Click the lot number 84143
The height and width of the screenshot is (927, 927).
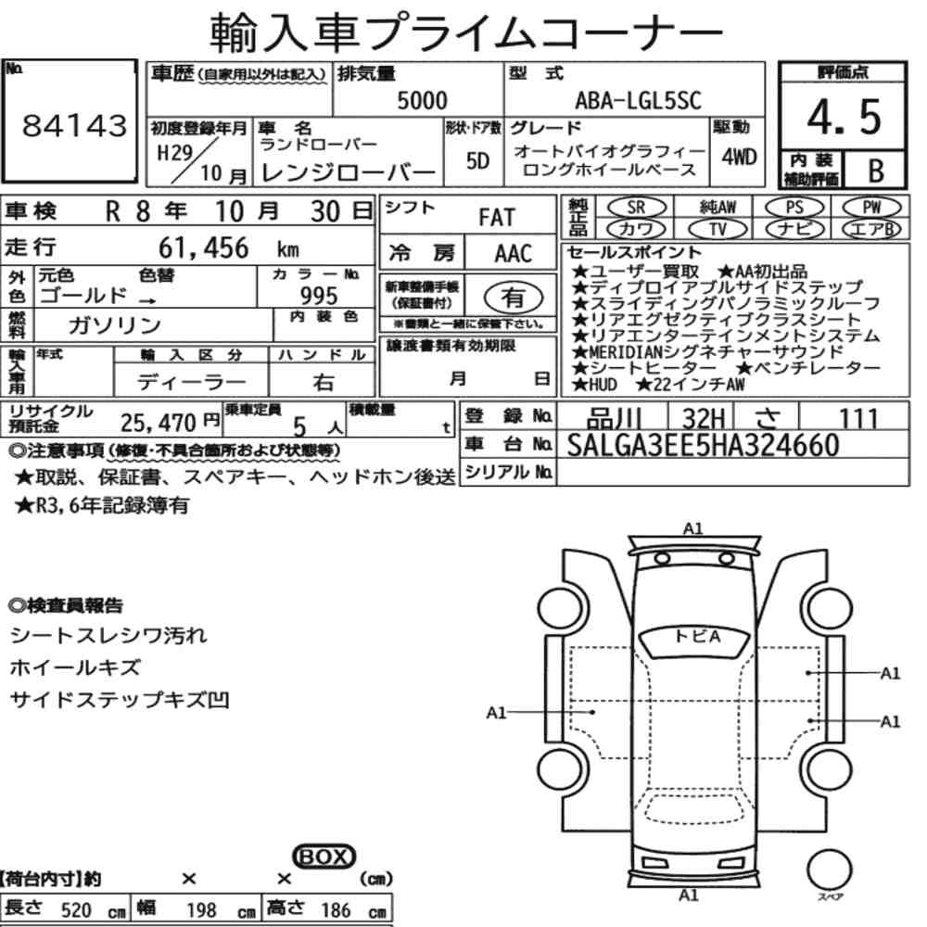pyautogui.click(x=74, y=125)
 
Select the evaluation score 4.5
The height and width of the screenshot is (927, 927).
pyautogui.click(x=844, y=117)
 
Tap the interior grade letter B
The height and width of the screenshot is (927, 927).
pyautogui.click(x=876, y=171)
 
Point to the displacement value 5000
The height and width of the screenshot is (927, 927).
pyautogui.click(x=422, y=100)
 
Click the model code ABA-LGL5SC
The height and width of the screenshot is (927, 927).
pyautogui.click(x=638, y=100)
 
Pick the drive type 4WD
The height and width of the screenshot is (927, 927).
pyautogui.click(x=739, y=158)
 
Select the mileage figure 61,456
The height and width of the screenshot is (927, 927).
pyautogui.click(x=203, y=248)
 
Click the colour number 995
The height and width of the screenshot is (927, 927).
pyautogui.click(x=319, y=295)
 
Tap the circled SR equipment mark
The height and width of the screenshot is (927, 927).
pyautogui.click(x=636, y=208)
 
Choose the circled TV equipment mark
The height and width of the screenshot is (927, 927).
pyautogui.click(x=717, y=229)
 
